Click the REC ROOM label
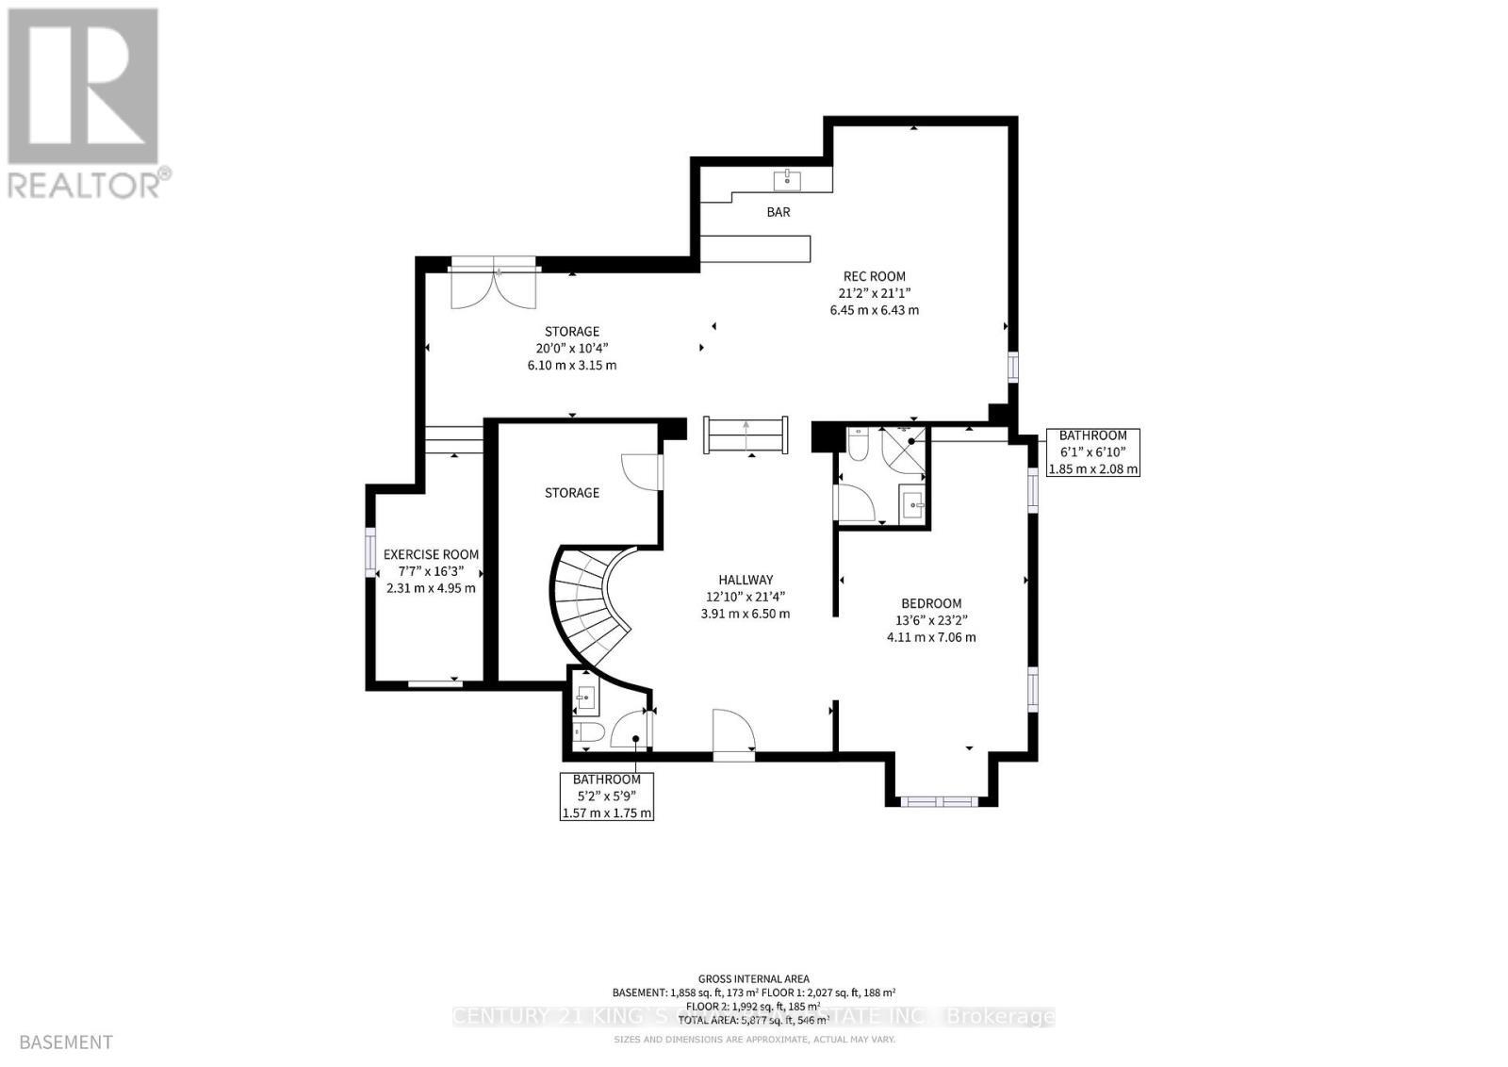pos(874,276)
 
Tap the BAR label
pos(779,212)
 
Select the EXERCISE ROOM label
pos(431,554)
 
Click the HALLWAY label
pos(746,580)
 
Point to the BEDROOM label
pos(931,603)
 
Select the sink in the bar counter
pos(787,179)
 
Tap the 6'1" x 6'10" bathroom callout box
pos(1093,452)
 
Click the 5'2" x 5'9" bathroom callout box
pos(607,796)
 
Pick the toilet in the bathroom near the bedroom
pos(858,443)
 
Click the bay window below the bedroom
pos(940,801)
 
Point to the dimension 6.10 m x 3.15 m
pos(571,365)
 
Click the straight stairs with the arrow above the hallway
pos(746,435)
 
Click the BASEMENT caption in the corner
pos(65,1042)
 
